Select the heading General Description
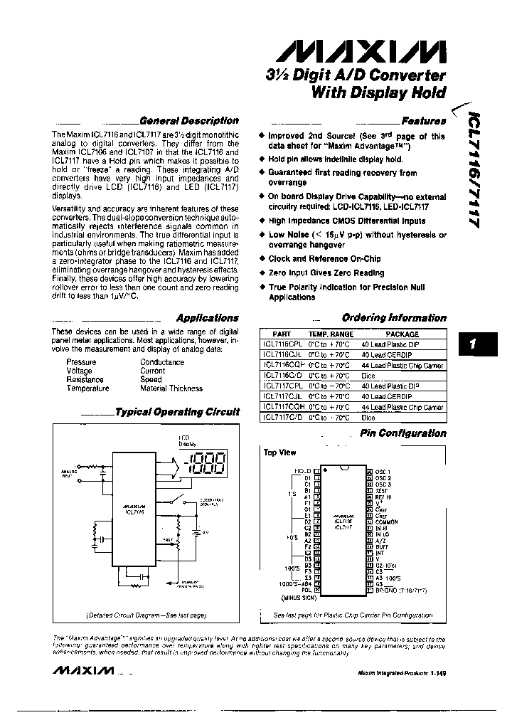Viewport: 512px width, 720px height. [188, 121]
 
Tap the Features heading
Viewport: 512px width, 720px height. [424, 121]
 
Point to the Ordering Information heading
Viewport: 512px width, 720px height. [394, 318]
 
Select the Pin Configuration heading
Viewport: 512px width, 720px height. [402, 433]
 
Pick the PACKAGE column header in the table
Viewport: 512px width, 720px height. [402, 334]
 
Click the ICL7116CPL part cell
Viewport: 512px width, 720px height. [282, 344]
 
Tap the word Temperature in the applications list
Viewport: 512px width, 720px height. [87, 388]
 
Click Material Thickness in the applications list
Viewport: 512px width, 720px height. [171, 388]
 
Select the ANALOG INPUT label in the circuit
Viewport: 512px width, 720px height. [67, 472]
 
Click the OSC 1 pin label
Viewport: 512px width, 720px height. [384, 471]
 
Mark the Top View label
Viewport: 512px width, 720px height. [279, 452]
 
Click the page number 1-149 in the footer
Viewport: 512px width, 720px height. [433, 673]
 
